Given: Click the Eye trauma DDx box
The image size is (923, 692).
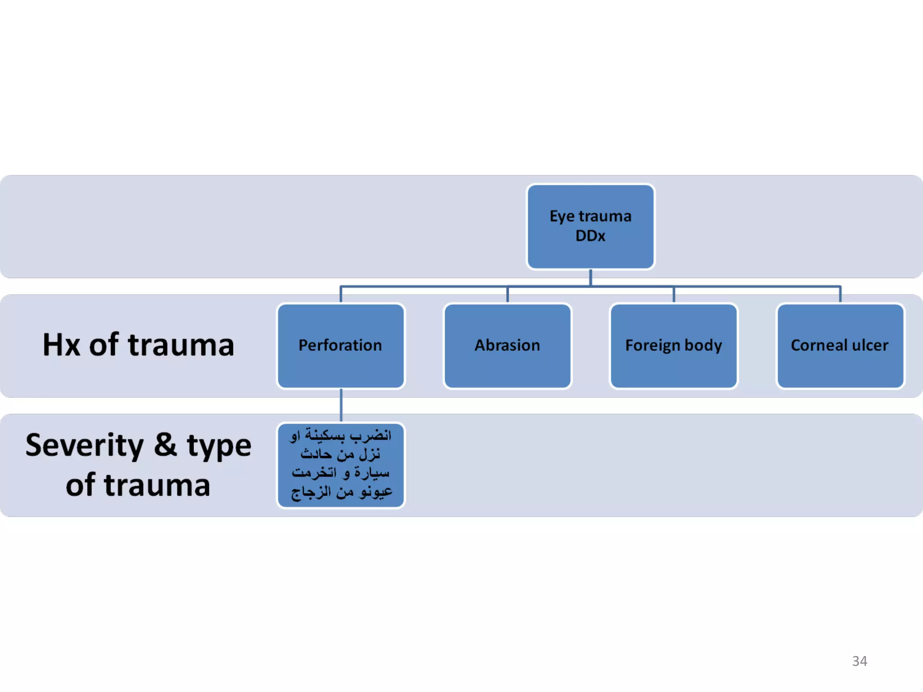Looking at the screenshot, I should coord(590,227).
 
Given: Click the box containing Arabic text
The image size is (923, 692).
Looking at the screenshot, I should coord(341,465).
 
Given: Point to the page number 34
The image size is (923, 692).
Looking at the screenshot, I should coord(859,661).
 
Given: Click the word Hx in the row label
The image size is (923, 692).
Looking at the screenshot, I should coord(61,345).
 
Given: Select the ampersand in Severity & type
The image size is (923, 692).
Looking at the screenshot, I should coord(165,445).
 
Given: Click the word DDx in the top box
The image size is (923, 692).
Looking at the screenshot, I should coord(590,236).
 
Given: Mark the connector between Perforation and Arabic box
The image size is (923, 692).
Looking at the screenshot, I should coord(341,405).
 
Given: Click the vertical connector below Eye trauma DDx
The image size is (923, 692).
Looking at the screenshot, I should coord(590,277).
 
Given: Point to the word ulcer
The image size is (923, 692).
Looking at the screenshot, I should coord(870,345).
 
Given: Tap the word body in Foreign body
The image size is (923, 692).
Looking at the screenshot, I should coord(703,346).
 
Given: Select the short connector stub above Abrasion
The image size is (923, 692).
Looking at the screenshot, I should coord(507,295).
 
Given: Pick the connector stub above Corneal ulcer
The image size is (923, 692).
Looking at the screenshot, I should coord(840,295).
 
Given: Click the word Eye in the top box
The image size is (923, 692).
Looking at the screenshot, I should coord(562,217).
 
